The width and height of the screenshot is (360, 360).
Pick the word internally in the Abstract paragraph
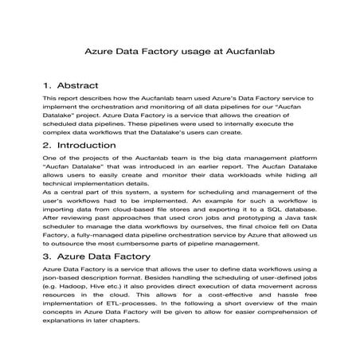(239, 124)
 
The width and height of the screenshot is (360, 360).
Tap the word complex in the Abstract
(59, 133)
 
